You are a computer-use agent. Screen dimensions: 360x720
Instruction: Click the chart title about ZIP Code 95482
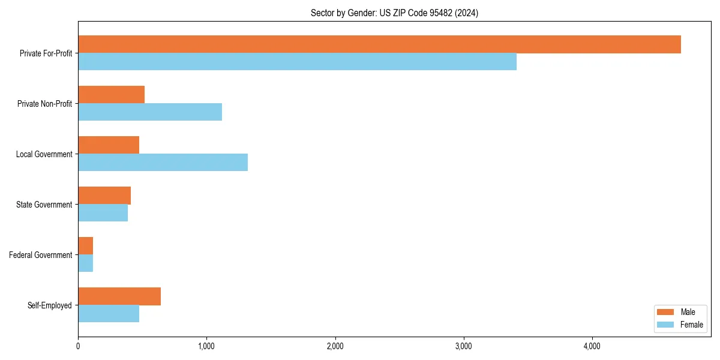(x=394, y=13)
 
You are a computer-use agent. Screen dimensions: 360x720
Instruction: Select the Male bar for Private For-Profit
(x=379, y=44)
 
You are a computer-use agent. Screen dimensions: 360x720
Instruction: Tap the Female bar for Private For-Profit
(x=297, y=61)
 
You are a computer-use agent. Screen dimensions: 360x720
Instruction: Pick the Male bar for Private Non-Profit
(x=111, y=95)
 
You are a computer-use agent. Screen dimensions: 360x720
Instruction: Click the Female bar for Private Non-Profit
(x=150, y=112)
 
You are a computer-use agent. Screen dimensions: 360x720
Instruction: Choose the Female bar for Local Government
(x=163, y=162)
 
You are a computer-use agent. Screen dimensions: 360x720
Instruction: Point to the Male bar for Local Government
(x=109, y=145)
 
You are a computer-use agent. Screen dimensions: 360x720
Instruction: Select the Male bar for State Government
(x=104, y=196)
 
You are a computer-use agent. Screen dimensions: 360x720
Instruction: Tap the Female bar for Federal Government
(x=85, y=263)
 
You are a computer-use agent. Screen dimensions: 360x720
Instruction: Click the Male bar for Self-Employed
(x=119, y=296)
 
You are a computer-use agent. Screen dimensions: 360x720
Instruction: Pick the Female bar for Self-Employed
(x=109, y=313)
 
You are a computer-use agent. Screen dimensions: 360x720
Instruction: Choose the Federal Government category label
(x=40, y=255)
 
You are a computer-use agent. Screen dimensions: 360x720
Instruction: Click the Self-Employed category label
(x=49, y=305)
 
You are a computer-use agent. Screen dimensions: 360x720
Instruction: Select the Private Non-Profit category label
(x=44, y=104)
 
